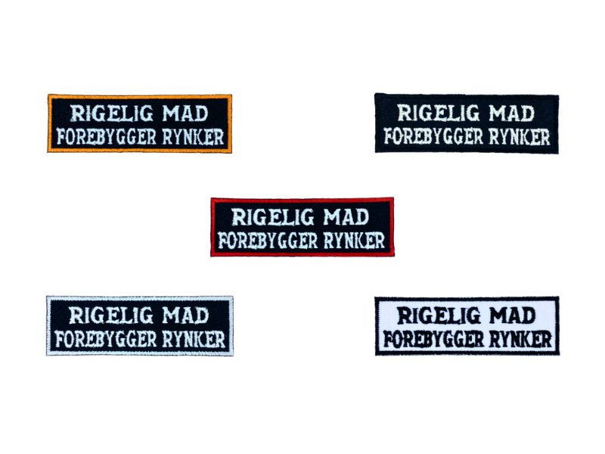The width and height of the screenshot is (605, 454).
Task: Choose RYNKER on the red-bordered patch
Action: pos(355,241)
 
